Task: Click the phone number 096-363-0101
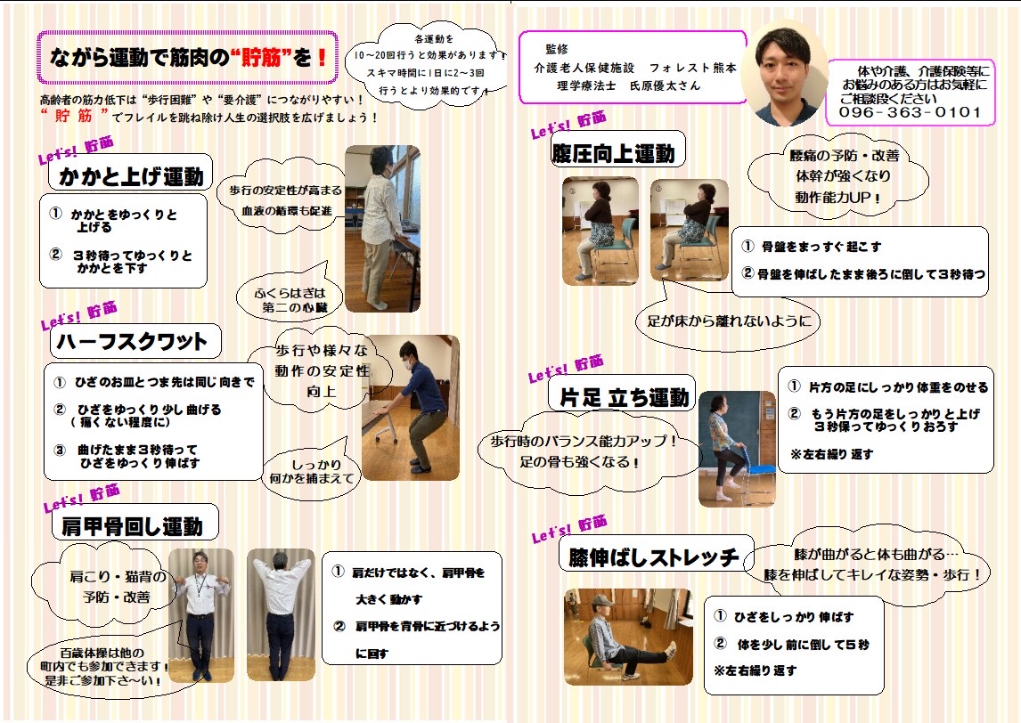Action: tap(910, 112)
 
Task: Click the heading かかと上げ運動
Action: tap(131, 175)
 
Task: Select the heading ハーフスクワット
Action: tap(132, 342)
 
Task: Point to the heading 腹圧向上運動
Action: tap(613, 153)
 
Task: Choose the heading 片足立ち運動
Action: tap(624, 397)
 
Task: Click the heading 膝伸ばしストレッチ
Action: tap(653, 557)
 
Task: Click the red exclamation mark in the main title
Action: tap(322, 58)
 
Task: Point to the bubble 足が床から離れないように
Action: tap(729, 321)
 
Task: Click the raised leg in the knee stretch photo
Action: tap(645, 654)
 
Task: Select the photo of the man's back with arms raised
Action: tap(281, 614)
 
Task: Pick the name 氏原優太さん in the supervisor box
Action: tap(665, 85)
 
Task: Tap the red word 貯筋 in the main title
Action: tap(260, 58)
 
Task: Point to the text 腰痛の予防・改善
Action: tap(844, 156)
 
